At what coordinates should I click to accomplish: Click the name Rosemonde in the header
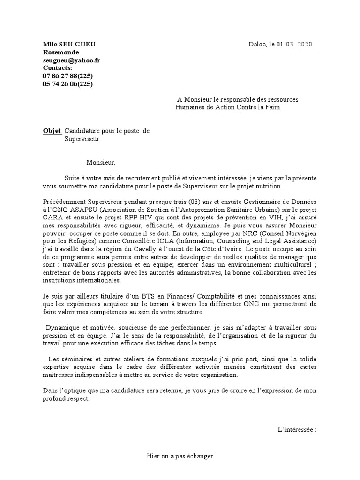point(61,52)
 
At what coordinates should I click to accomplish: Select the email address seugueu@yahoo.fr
point(71,60)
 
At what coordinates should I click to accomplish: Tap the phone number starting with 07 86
point(67,76)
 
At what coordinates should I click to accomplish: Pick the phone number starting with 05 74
point(67,84)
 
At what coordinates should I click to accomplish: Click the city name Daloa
point(257,45)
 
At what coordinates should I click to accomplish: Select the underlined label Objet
point(52,131)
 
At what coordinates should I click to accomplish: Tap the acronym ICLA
point(152,241)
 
